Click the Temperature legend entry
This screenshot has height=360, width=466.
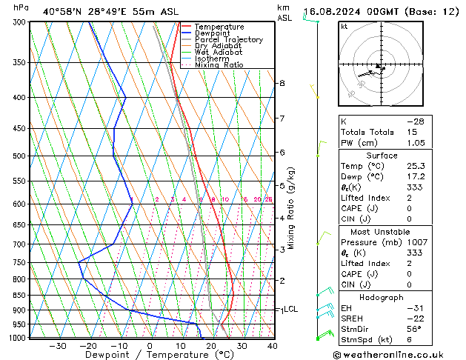coord(219,27)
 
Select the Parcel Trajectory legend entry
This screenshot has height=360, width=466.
coord(229,39)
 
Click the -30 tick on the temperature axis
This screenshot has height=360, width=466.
coord(58,346)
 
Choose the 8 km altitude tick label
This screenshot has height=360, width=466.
coord(282,84)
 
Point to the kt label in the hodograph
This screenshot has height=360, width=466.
coord(344,27)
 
